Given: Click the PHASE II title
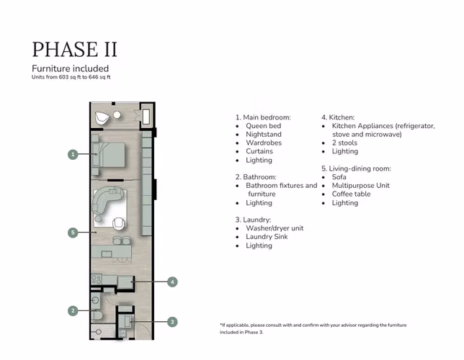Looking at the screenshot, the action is pyautogui.click(x=75, y=49).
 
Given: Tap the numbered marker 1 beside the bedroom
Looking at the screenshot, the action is pyautogui.click(x=73, y=154).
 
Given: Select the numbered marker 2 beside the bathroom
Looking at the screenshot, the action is pyautogui.click(x=73, y=311).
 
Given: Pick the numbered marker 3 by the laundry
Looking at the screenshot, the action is pyautogui.click(x=172, y=322).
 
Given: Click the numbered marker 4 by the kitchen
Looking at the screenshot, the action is pyautogui.click(x=172, y=282).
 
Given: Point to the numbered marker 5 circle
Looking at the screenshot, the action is pyautogui.click(x=73, y=233).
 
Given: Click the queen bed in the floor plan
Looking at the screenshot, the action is pyautogui.click(x=109, y=155).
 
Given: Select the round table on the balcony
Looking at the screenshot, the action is pyautogui.click(x=117, y=114).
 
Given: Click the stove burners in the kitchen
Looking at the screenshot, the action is pyautogui.click(x=97, y=279).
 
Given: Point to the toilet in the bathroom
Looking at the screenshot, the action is pyautogui.click(x=97, y=315).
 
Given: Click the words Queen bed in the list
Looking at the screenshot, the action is pyautogui.click(x=264, y=126).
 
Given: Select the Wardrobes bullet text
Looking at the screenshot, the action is pyautogui.click(x=264, y=143).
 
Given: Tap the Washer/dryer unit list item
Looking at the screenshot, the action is pyautogui.click(x=275, y=228).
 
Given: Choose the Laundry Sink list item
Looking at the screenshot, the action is pyautogui.click(x=267, y=237).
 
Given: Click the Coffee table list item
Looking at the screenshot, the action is pyautogui.click(x=352, y=194).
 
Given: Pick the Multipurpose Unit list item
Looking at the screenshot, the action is pyautogui.click(x=361, y=186).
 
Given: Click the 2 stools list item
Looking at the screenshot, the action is pyautogui.click(x=344, y=143).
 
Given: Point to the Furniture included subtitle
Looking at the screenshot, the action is pyautogui.click(x=71, y=68).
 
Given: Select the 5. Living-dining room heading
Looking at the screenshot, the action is pyautogui.click(x=356, y=168).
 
